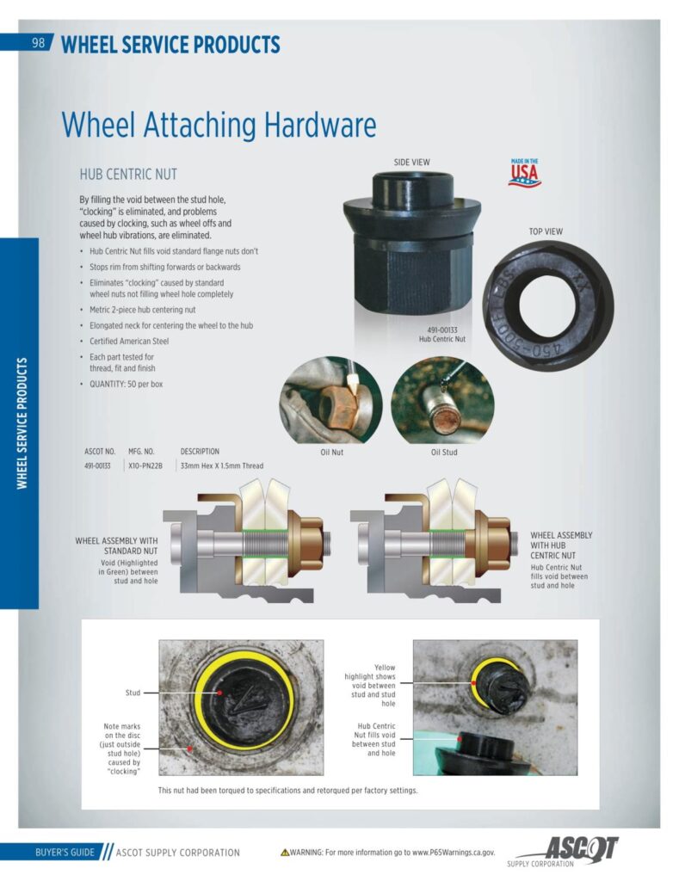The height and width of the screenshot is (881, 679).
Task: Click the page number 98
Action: pyautogui.click(x=38, y=43)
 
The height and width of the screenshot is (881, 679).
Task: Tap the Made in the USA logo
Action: pyautogui.click(x=524, y=172)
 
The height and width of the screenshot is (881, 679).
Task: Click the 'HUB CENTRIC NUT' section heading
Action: pyautogui.click(x=128, y=174)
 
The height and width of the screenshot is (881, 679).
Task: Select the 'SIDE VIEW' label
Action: pyautogui.click(x=411, y=163)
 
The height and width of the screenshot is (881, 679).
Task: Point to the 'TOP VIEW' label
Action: pyautogui.click(x=546, y=231)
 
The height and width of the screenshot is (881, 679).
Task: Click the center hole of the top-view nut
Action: pyautogui.click(x=544, y=305)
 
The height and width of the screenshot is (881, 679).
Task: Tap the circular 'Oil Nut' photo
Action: pyautogui.click(x=330, y=400)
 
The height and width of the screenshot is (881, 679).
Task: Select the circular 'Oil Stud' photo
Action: pyautogui.click(x=443, y=400)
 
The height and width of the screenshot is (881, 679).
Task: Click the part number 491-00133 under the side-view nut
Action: pyautogui.click(x=441, y=330)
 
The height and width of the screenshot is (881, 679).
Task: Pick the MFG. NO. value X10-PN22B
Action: pyautogui.click(x=145, y=465)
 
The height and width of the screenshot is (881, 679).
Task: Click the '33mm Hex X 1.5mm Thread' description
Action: pyautogui.click(x=221, y=465)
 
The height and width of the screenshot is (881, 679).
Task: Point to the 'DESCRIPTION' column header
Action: pyautogui.click(x=200, y=451)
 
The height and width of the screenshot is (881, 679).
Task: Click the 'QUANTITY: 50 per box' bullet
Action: pyautogui.click(x=126, y=385)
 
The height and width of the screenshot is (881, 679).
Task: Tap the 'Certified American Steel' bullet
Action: pyautogui.click(x=129, y=341)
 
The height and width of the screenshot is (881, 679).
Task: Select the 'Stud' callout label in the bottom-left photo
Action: pyautogui.click(x=133, y=693)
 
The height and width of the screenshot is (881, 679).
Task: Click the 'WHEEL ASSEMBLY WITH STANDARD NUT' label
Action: pyautogui.click(x=116, y=545)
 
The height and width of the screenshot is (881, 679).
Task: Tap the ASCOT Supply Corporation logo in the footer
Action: pyautogui.click(x=562, y=851)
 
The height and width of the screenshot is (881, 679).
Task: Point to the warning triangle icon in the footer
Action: pyautogui.click(x=285, y=853)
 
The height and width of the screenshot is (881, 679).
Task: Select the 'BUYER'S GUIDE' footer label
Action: pyautogui.click(x=65, y=853)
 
